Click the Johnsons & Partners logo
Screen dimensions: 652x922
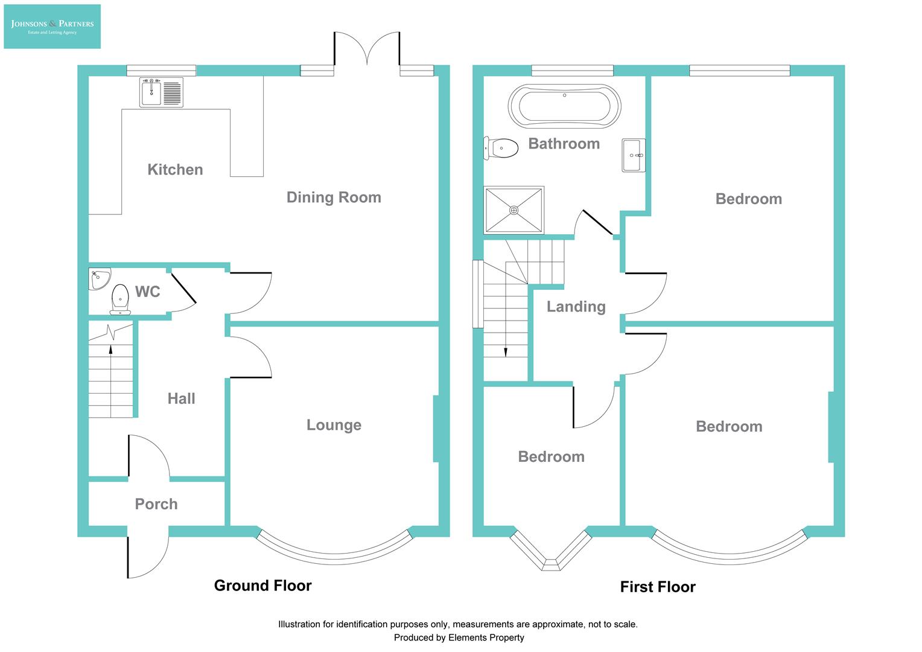[52, 27]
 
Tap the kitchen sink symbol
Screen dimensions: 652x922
[161, 92]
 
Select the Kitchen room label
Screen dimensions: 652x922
[175, 170]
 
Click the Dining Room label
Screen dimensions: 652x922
[334, 197]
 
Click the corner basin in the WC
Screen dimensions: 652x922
[98, 278]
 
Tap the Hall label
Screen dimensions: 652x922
[181, 398]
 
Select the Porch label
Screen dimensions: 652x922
[156, 504]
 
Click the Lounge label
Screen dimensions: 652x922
[334, 425]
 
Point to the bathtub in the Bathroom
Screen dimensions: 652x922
[564, 106]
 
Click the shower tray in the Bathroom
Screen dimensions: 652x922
[514, 210]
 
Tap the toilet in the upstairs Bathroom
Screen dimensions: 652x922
[501, 148]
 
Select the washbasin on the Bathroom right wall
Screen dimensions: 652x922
[634, 155]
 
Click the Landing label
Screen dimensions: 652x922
[576, 307]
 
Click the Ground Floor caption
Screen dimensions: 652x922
[262, 586]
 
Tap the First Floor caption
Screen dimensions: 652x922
[658, 587]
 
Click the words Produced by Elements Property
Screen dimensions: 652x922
[459, 638]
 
